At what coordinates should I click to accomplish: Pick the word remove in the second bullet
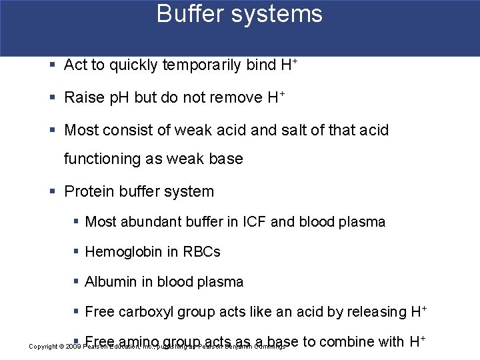point(236,97)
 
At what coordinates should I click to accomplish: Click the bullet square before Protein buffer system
point(53,192)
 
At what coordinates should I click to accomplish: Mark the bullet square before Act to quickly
point(53,65)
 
